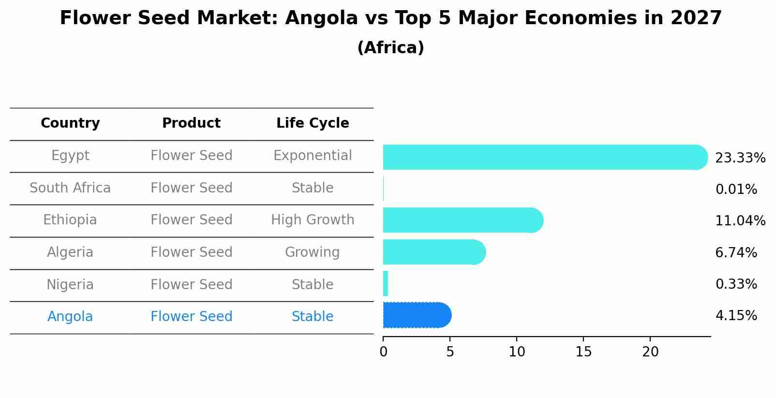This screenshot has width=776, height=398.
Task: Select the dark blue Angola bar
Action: coord(416,315)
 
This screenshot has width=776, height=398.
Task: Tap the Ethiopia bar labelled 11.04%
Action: coord(462,221)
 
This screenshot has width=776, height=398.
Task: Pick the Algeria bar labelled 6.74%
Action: coord(433,252)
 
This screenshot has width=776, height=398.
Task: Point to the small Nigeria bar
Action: coord(386,283)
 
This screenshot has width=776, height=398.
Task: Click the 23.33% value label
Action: coord(740,158)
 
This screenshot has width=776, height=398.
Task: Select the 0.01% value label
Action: coord(736,190)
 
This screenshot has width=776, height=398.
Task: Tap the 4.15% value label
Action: coord(736,316)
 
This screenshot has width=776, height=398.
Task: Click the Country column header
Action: coord(70,123)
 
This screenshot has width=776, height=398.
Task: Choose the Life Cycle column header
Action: coord(313,123)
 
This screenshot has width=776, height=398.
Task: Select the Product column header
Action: coord(191,123)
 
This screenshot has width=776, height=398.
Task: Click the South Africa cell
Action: coord(70,188)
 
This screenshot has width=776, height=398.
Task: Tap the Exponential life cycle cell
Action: coord(313,156)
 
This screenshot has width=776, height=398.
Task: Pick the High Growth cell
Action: coord(313,220)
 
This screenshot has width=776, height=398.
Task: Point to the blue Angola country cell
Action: coord(70,317)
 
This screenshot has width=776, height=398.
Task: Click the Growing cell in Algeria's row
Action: coord(313,252)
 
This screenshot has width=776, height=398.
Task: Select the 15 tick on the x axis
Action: coord(583,352)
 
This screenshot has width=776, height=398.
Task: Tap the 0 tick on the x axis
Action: coord(383,352)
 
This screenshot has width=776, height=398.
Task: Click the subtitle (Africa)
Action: coord(390,48)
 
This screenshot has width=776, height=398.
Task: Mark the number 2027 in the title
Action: coord(696,18)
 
